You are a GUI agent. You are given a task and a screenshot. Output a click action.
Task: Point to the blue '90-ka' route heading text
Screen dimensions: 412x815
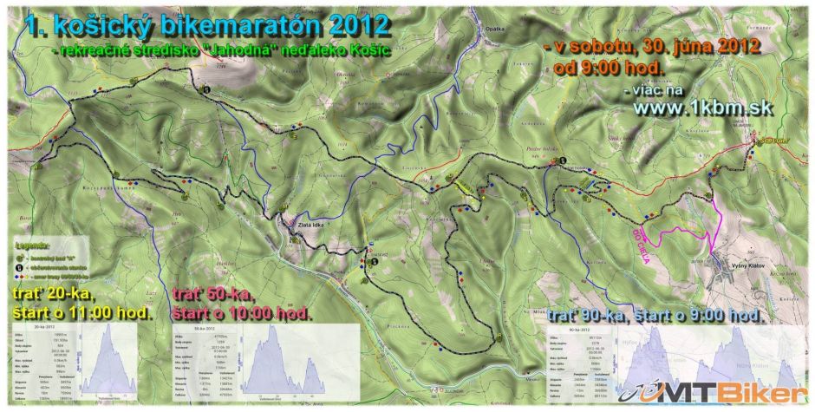pyautogui.click(x=598, y=314)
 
